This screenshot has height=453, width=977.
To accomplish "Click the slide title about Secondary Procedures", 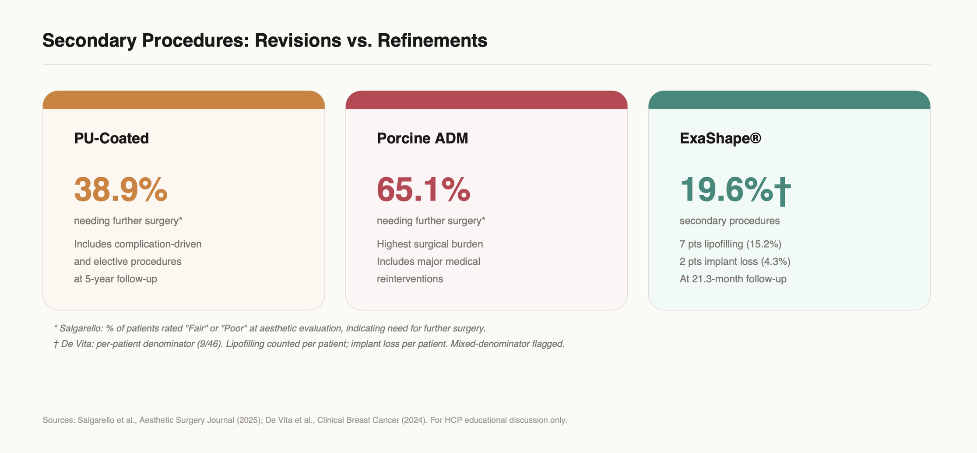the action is tap(265, 40).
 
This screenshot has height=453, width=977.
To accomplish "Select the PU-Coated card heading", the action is tap(112, 138).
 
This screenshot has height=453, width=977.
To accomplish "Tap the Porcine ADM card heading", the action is tap(422, 138).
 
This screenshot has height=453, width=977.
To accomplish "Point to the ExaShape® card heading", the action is tap(720, 138).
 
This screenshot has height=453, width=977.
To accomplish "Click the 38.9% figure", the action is tap(121, 190).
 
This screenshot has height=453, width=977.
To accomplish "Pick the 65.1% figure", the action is tap(424, 190).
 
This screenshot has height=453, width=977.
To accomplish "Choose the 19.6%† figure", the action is tap(735, 190).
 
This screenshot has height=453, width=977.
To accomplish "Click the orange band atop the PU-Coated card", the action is tap(184, 100).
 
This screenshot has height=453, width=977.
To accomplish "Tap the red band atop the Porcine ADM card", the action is tap(486, 100).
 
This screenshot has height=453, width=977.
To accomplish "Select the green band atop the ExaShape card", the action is tap(789, 100).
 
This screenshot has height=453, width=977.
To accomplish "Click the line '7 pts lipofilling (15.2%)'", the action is tap(731, 244).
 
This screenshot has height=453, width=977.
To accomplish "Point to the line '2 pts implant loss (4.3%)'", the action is tap(735, 261).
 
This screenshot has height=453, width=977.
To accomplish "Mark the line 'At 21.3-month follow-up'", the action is tap(733, 279).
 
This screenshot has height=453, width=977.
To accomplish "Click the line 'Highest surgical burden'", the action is tap(430, 244).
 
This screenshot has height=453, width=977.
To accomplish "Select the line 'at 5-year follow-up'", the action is tap(116, 279).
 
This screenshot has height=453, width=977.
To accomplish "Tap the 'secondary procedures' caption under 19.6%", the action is tap(730, 221).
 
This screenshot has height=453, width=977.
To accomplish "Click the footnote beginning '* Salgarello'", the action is tap(270, 328).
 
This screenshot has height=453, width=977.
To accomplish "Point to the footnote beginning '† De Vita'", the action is tap(309, 344).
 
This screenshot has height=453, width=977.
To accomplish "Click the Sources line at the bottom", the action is tap(305, 420).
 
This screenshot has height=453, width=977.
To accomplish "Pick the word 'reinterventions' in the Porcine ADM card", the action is tap(410, 279).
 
